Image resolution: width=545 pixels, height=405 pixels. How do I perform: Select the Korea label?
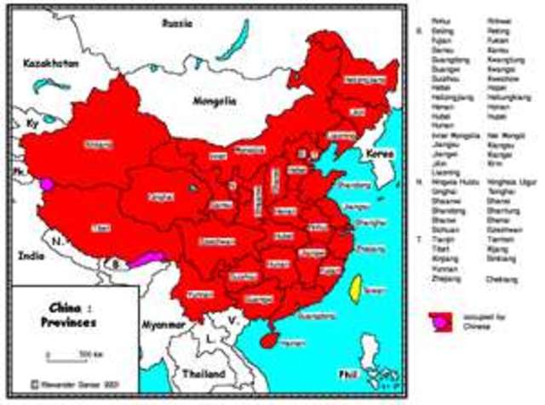(376, 153)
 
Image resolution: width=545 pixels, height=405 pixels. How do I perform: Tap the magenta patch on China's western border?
(47, 182)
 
